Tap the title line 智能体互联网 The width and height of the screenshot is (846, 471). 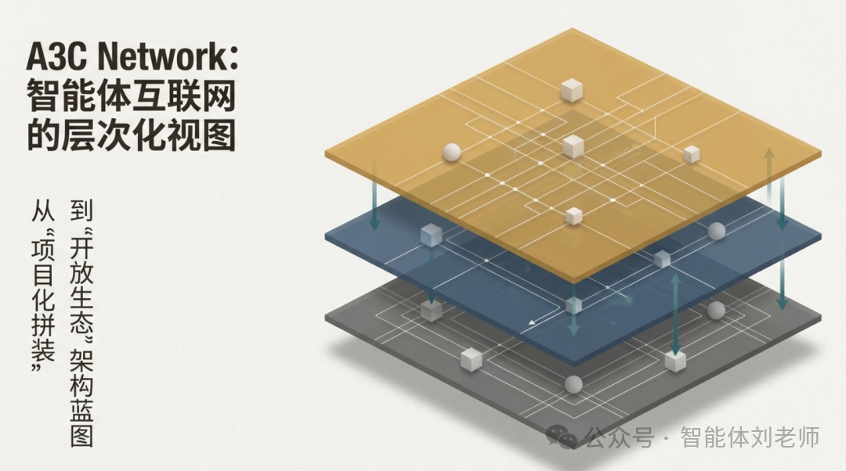(131, 98)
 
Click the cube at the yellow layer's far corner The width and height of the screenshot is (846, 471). (571, 89)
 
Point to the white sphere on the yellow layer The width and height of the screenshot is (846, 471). (451, 153)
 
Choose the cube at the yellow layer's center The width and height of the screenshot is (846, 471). (573, 146)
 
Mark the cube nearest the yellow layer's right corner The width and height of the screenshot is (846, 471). (691, 154)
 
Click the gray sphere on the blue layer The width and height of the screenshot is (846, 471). (716, 231)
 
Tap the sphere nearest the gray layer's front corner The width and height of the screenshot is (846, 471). (573, 384)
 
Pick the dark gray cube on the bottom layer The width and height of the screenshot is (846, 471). (432, 311)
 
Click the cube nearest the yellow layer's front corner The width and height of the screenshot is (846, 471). (573, 215)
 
